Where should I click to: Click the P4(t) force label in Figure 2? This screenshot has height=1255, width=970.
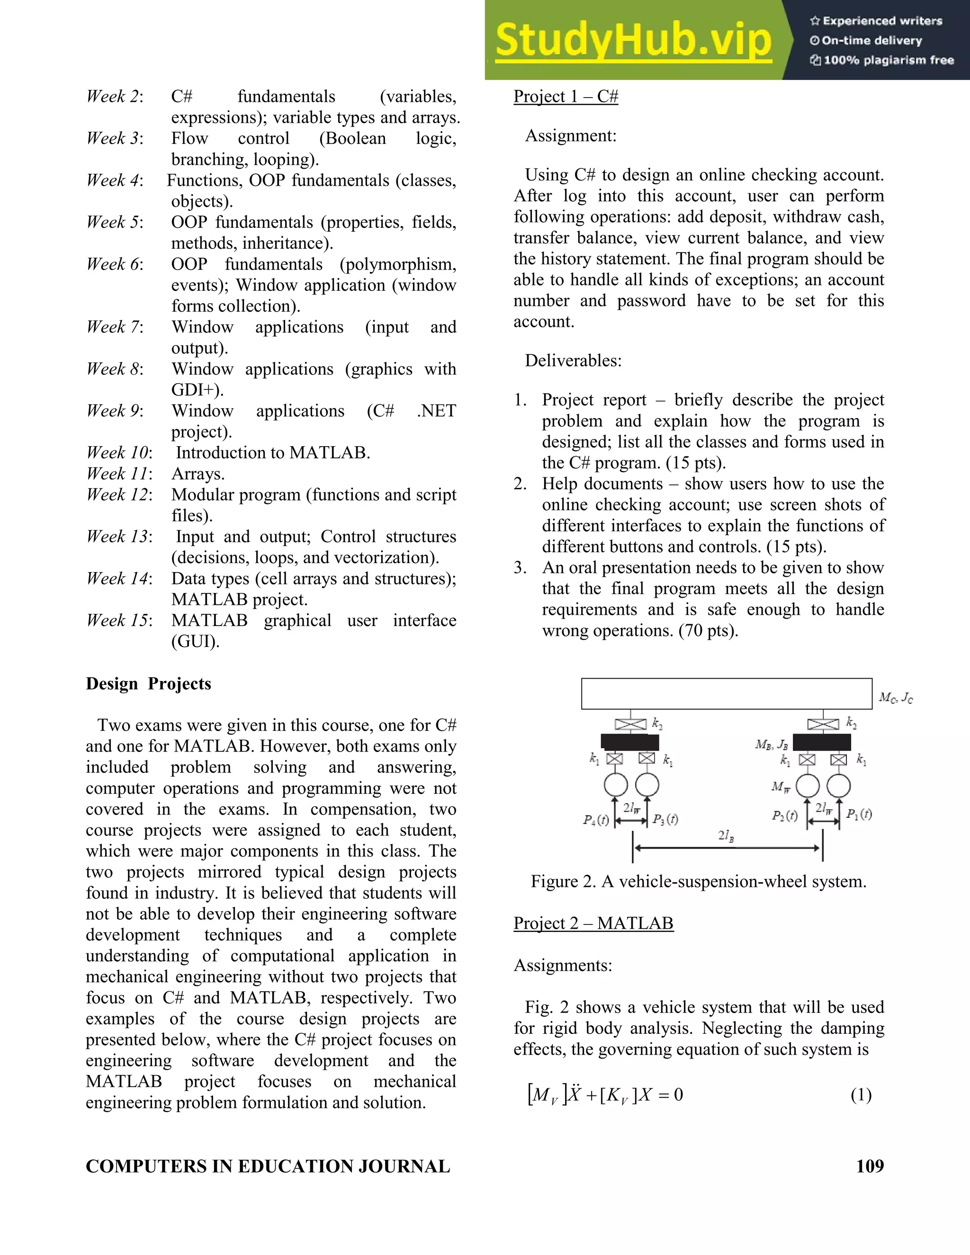[x=595, y=820]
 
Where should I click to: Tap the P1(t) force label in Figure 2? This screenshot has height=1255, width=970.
[x=859, y=814]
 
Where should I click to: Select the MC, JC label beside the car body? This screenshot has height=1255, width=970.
[x=895, y=698]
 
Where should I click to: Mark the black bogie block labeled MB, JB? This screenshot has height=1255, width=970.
[x=821, y=742]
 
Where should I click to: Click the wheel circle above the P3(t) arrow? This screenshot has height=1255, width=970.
[x=647, y=784]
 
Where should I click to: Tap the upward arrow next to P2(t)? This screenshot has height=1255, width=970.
[x=808, y=812]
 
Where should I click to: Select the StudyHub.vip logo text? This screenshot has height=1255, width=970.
[x=633, y=40]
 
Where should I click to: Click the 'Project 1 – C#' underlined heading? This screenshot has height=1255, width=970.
[x=566, y=97]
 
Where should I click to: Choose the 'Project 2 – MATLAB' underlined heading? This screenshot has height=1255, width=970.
[x=593, y=923]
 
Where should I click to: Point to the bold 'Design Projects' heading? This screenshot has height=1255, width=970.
[x=148, y=684]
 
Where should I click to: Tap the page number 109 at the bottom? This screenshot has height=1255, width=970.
[x=870, y=1166]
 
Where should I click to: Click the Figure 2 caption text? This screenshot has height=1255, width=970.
[x=698, y=881]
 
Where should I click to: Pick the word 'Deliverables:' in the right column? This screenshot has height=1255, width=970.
[x=573, y=361]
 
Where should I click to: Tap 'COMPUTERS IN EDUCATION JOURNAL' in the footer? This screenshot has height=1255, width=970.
[x=268, y=1166]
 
